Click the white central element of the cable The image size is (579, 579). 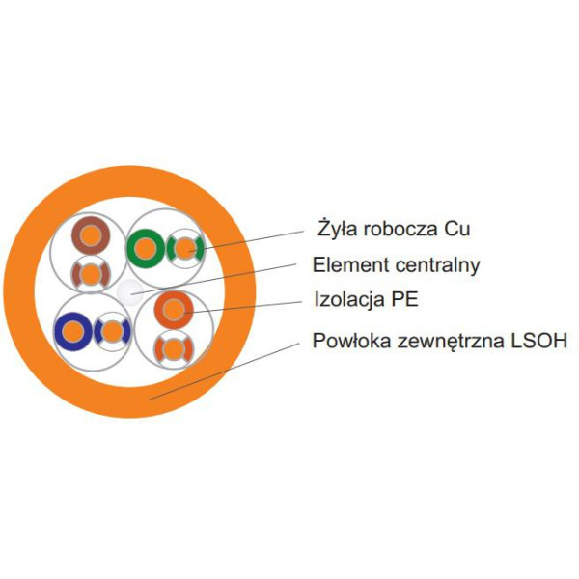coord(129,292)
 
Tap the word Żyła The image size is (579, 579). coord(337,228)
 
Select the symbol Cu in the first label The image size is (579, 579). coord(456,229)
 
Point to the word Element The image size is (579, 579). coord(351,264)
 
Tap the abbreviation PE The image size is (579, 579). coord(404,299)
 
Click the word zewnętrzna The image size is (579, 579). coord(451,342)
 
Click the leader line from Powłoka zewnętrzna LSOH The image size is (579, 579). coord(224,372)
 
